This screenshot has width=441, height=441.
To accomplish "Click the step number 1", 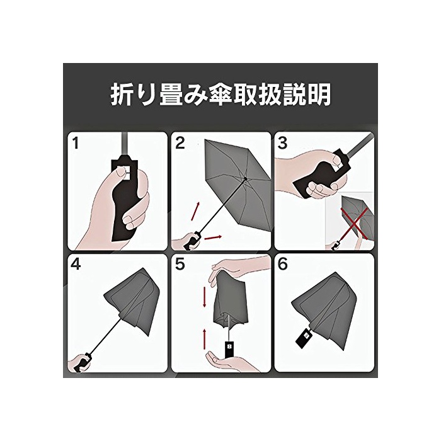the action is click(76, 143).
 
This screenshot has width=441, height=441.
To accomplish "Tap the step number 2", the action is click(180, 143).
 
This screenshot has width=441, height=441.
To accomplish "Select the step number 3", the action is click(282, 143).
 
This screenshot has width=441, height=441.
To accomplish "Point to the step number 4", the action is click(76, 265).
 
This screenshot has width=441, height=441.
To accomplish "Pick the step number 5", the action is click(180, 265).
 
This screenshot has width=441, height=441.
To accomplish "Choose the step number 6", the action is click(283, 265).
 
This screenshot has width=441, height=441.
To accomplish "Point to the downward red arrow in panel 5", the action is click(205, 297).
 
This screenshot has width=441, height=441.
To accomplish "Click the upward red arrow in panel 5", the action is click(205, 339).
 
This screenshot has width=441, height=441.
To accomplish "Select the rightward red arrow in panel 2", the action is click(213, 238).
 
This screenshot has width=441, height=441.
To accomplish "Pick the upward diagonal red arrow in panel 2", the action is click(195, 211).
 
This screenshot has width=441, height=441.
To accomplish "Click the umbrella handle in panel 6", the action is click(304, 338).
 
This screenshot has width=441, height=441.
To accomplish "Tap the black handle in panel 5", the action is click(229, 349).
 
